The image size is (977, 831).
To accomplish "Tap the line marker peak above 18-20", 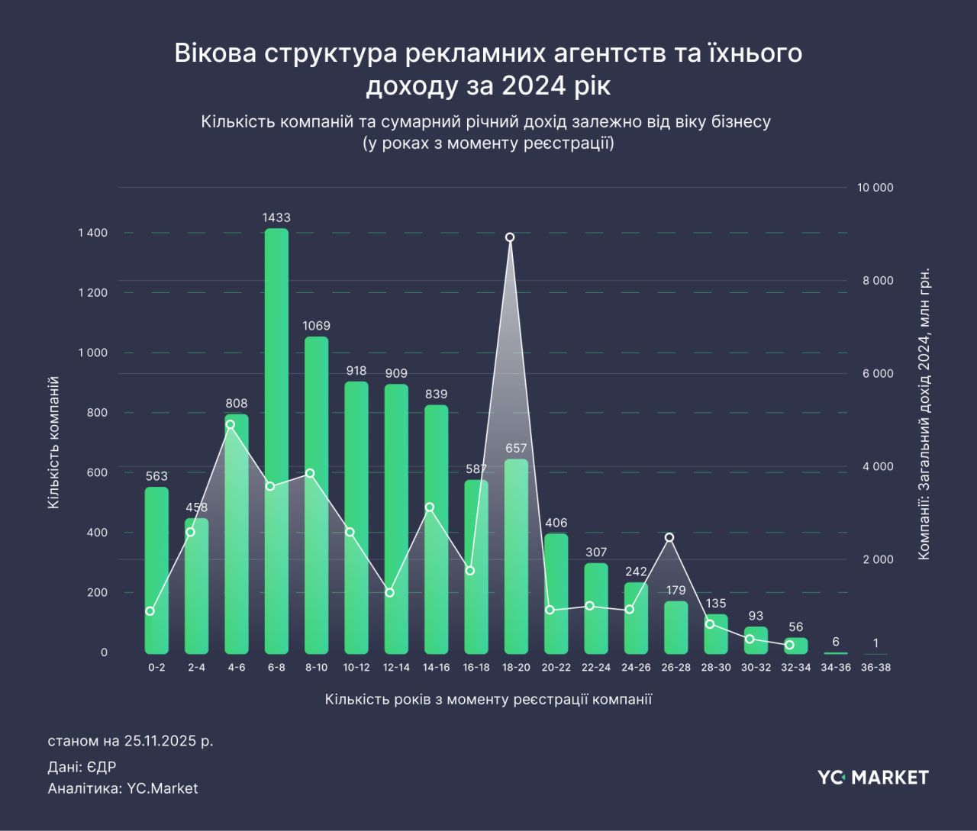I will pyautogui.click(x=510, y=237).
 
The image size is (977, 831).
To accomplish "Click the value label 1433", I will pyautogui.click(x=276, y=217).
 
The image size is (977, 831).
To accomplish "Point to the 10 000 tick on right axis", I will pyautogui.click(x=877, y=188).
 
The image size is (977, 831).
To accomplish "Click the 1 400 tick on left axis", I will pyautogui.click(x=92, y=233).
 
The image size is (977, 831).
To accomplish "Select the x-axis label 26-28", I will pyautogui.click(x=676, y=668).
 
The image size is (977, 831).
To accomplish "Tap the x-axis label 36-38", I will pyautogui.click(x=875, y=668).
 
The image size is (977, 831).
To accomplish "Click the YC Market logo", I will pyautogui.click(x=873, y=778).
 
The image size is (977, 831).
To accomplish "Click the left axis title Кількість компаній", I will pyautogui.click(x=53, y=443).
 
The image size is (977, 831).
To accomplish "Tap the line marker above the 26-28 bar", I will pyautogui.click(x=669, y=537).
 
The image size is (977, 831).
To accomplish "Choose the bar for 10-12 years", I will pyautogui.click(x=356, y=518).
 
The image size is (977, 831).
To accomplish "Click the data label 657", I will pyautogui.click(x=516, y=449).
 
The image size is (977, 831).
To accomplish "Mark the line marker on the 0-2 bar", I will pyautogui.click(x=150, y=611).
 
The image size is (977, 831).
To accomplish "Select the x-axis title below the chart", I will pyautogui.click(x=488, y=700).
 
